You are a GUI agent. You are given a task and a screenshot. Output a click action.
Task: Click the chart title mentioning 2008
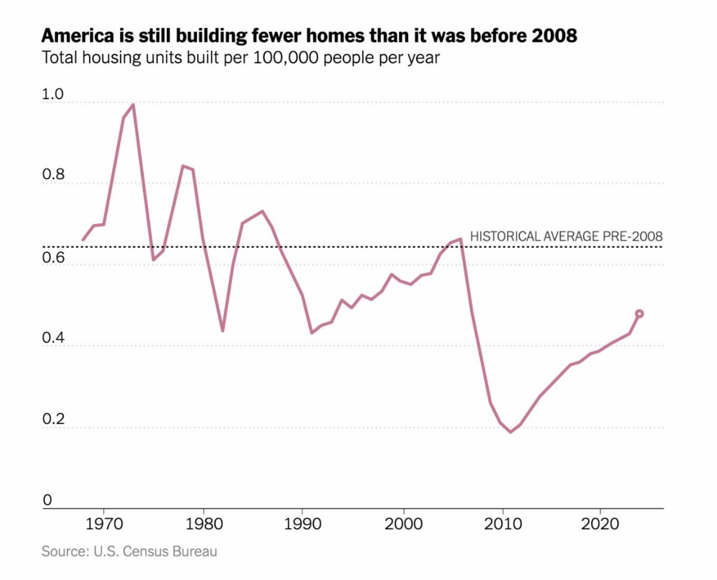[x=309, y=36]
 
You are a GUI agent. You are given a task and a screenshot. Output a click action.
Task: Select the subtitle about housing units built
[x=241, y=59]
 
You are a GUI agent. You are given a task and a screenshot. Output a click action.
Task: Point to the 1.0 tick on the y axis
[x=51, y=94]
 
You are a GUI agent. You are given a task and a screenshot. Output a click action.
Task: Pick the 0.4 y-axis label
[x=51, y=338]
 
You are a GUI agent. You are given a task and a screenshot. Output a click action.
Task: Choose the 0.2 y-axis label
[x=51, y=419]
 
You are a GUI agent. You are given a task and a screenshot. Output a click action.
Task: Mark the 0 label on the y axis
[x=47, y=501]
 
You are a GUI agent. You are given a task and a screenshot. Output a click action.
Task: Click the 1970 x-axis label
[x=104, y=525]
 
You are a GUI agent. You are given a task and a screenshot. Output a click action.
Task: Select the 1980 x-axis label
[x=204, y=525]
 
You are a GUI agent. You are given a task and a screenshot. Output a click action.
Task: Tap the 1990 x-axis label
[x=303, y=525]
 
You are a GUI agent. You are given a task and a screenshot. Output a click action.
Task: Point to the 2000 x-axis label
[x=403, y=525]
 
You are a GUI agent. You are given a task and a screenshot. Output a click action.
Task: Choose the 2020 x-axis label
[x=599, y=525]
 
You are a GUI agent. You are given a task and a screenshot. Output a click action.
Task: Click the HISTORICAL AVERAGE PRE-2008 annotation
[x=566, y=236]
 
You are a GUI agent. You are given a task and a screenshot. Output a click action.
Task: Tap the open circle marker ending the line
[x=639, y=314]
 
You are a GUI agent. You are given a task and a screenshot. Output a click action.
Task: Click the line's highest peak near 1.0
[x=133, y=105]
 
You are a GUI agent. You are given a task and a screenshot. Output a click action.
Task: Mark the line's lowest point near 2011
[x=511, y=432]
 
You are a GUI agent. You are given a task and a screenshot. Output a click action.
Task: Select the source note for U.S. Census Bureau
[x=129, y=551]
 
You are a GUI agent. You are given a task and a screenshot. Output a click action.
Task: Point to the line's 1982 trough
[x=222, y=330]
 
